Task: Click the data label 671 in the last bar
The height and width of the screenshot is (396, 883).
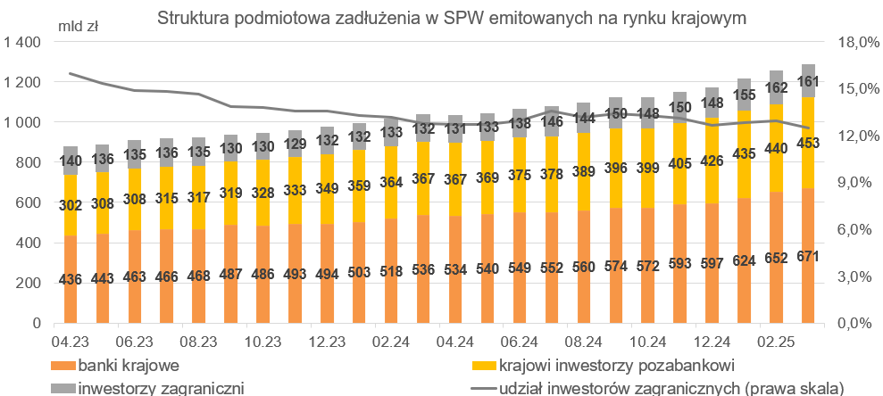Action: click(x=808, y=257)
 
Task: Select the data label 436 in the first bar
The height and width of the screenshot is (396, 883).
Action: click(x=71, y=279)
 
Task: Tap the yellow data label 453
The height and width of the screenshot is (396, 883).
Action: click(x=808, y=146)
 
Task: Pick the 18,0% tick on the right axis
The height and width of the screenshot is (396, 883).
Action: click(x=853, y=43)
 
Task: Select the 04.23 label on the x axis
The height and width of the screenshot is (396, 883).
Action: click(x=70, y=342)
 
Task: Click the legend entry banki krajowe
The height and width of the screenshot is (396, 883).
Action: click(x=124, y=366)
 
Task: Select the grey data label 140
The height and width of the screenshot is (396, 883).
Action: click(x=71, y=161)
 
